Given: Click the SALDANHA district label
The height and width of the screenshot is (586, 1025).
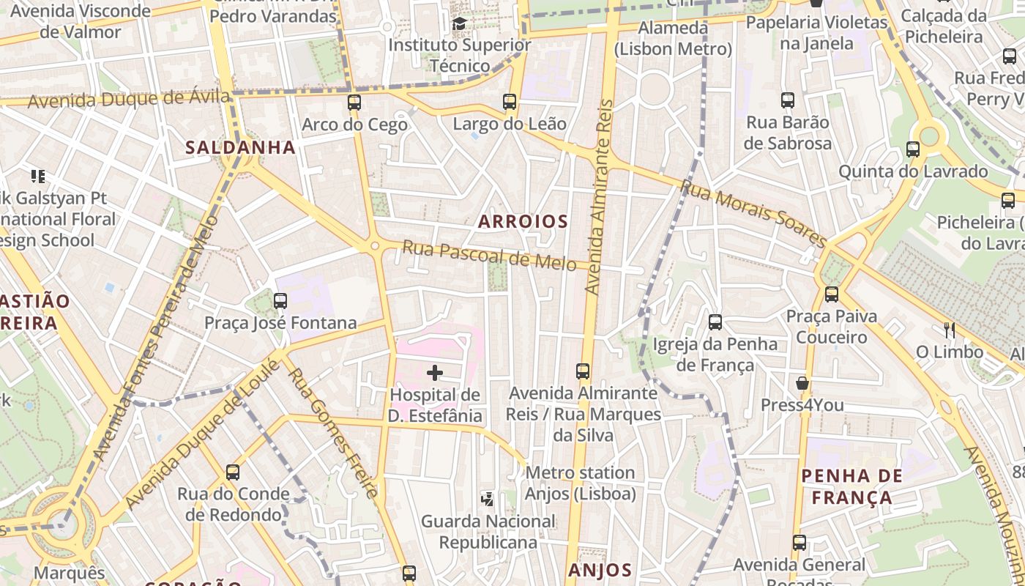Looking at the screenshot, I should tap(240, 147).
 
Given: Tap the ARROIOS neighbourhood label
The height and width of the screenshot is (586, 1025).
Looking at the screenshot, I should tap(523, 221).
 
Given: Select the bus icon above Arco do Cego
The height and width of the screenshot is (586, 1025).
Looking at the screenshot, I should tap(354, 103).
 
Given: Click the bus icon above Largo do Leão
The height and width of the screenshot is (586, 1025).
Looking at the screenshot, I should tap(510, 102).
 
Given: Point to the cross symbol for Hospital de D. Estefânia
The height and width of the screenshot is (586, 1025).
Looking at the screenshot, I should tap(435, 373).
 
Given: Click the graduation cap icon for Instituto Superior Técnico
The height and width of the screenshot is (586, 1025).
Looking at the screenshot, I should tap(459, 24).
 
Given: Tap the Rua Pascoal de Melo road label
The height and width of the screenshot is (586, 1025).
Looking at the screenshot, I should tap(489, 256).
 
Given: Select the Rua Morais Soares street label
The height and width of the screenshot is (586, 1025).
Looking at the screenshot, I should tap(753, 213).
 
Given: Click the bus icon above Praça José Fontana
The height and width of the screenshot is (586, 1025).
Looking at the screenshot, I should tap(280, 301).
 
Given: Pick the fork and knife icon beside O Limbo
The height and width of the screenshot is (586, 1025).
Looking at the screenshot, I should tap(950, 330).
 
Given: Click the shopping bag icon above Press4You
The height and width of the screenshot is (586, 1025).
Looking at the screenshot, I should tap(802, 383).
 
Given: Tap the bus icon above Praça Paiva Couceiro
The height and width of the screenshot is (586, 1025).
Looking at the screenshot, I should tap(831, 294).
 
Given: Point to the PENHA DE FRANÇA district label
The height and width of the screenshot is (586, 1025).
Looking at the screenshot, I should tap(851, 487).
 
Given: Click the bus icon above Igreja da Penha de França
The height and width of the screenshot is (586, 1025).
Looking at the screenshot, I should tap(715, 322).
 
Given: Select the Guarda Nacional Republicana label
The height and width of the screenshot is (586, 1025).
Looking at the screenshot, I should tap(488, 532).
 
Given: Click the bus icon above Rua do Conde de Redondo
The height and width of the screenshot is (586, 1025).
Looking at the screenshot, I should tap(233, 472).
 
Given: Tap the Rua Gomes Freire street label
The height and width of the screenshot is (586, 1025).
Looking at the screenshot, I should tap(333, 433).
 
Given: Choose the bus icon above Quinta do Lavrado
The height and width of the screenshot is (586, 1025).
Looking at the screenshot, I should tap(913, 149).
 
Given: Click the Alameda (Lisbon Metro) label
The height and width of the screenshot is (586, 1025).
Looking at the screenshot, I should tap(673, 39).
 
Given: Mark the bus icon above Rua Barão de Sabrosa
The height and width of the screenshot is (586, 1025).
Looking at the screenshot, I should tap(788, 100).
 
